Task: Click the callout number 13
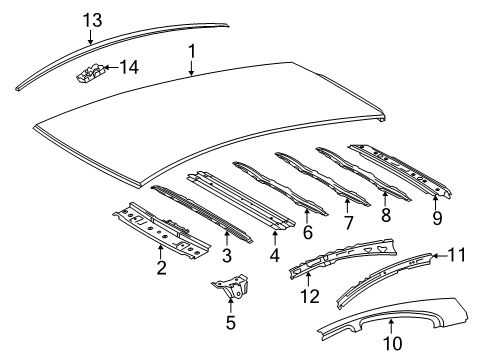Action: pyautogui.click(x=92, y=21)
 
